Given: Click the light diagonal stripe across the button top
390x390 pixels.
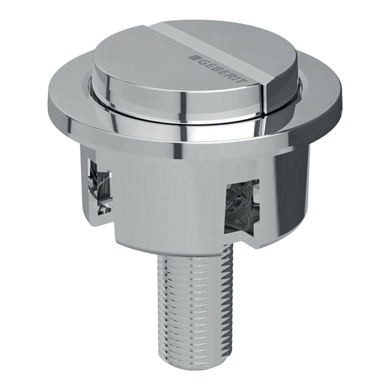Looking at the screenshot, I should [x=218, y=47].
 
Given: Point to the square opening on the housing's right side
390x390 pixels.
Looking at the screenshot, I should [x=241, y=207].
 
